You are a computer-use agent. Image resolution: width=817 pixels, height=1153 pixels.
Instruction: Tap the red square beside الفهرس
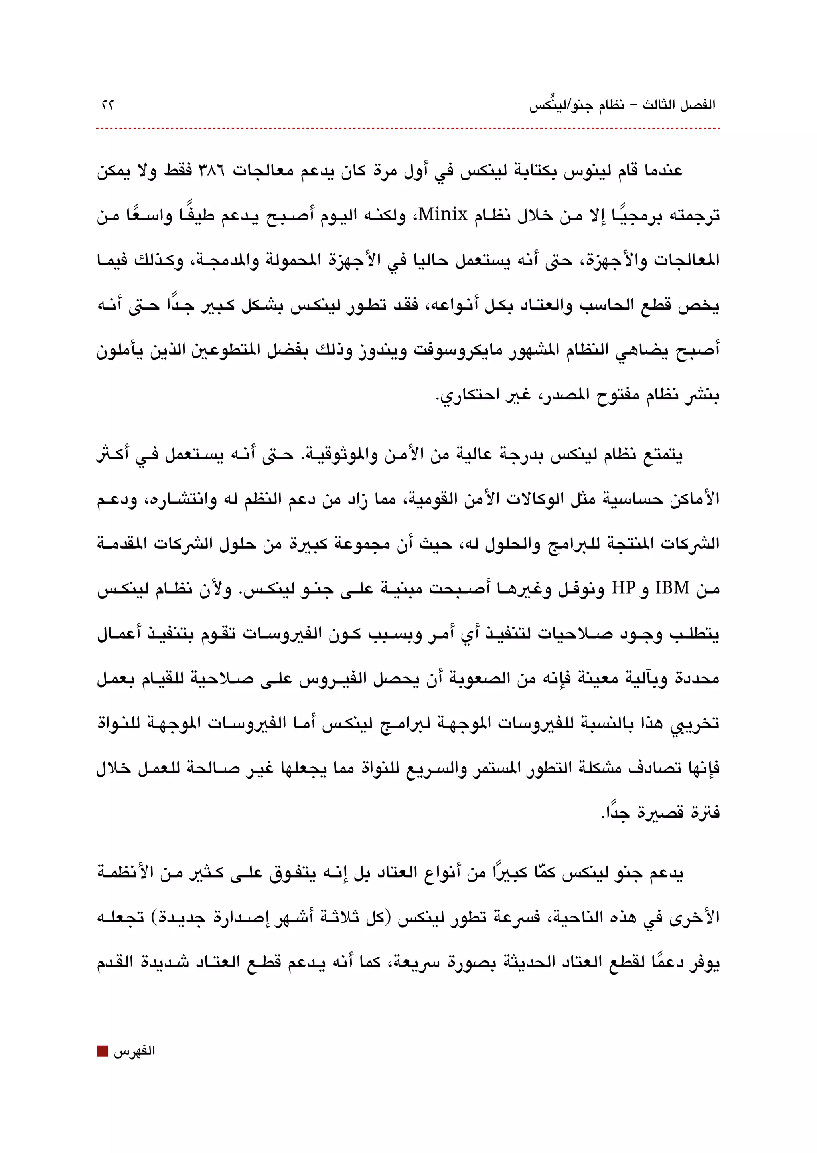pos(102,1051)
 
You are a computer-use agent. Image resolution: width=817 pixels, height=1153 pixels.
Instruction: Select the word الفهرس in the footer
pos(134,1051)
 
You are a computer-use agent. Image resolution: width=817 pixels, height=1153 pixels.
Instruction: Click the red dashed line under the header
pos(407,129)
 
